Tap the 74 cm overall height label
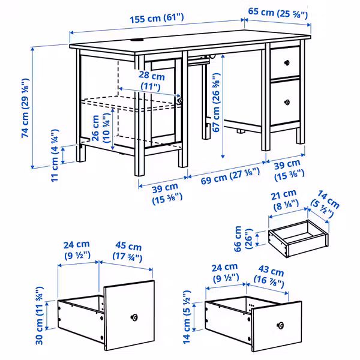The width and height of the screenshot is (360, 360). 25,109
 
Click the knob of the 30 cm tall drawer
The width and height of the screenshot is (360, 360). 134,316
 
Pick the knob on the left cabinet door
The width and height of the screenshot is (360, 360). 180,101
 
